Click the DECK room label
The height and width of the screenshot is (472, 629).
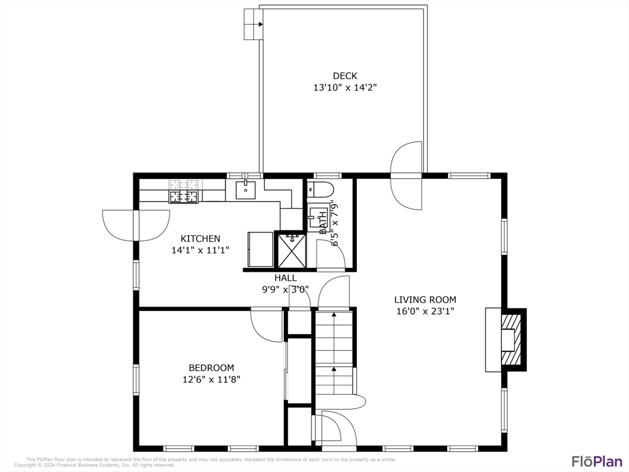click(345, 76)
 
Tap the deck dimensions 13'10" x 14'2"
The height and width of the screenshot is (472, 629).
click(345, 88)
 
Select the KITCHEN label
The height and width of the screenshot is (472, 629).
click(200, 238)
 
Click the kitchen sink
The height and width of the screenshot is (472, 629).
click(246, 190)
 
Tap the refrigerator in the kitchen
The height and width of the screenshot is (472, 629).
click(260, 248)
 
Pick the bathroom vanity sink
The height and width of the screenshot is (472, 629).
click(318, 217)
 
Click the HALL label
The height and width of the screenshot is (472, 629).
click(286, 278)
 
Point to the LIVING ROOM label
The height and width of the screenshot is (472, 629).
click(425, 299)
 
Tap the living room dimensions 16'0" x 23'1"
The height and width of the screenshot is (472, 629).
click(425, 311)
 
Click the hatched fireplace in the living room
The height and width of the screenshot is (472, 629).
click(510, 340)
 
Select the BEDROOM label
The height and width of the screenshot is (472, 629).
click(211, 368)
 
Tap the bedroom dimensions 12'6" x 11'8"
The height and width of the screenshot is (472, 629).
click(211, 379)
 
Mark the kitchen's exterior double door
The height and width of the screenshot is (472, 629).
click(136, 225)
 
